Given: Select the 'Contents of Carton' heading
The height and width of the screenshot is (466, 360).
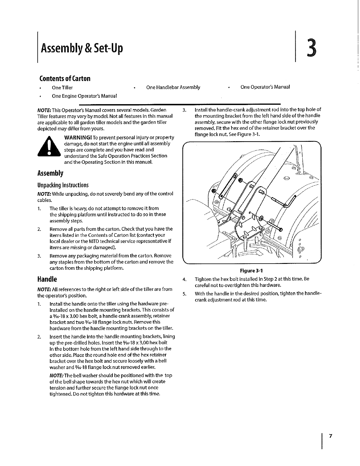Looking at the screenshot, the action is click(x=65, y=79).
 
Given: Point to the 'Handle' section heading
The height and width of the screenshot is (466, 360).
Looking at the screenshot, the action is click(x=47, y=279).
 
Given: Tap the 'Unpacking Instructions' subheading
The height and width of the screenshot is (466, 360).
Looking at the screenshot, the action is click(x=63, y=185).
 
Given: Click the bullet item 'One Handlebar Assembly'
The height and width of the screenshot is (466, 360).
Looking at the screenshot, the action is click(x=173, y=87).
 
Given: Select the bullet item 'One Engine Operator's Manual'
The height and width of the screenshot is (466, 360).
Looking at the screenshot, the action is click(x=84, y=96).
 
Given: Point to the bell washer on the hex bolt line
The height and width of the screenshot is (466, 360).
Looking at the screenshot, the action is click(x=261, y=219).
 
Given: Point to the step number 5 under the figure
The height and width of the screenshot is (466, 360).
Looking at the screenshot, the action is click(x=184, y=294).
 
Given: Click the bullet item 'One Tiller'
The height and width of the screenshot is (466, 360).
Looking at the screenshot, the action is click(x=62, y=88).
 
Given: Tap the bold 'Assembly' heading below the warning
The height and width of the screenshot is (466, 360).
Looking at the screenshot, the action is click(x=50, y=173).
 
